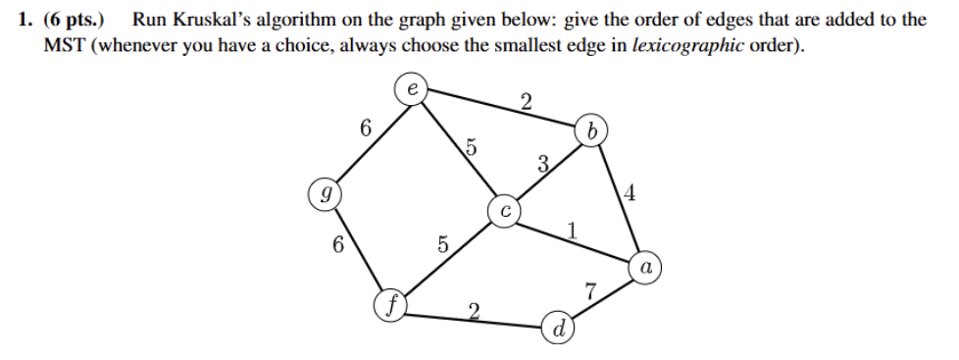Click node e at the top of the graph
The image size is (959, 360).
point(412,89)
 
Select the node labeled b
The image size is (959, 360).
point(591,129)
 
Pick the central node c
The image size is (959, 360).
point(503,210)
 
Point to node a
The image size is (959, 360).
point(645,266)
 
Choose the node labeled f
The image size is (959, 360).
point(390,305)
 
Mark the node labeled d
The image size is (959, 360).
point(556,328)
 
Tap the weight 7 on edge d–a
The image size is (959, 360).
point(589,289)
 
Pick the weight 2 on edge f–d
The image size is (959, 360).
point(474,313)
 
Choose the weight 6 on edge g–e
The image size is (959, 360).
point(366,128)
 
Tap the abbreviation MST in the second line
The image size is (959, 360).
point(65,45)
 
